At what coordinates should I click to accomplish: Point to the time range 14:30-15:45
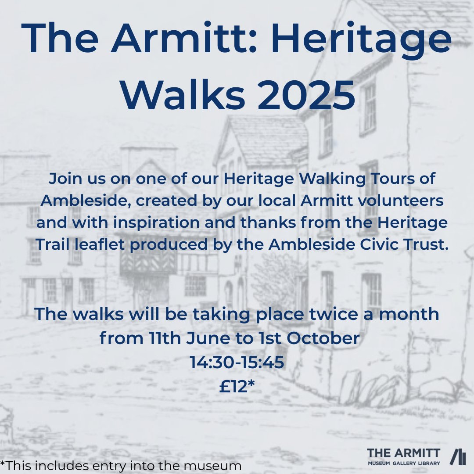click(237, 362)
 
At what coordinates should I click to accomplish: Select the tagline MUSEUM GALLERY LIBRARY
click(403, 463)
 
